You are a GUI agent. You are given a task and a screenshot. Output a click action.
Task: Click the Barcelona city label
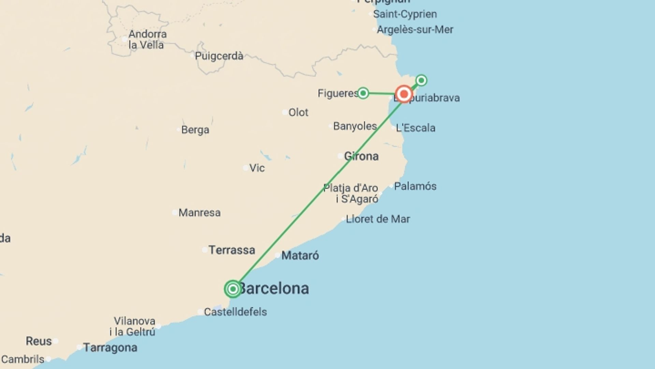274,289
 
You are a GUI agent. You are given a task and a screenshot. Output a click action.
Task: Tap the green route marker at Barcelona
233,289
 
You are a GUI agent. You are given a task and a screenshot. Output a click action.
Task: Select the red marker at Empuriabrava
404,94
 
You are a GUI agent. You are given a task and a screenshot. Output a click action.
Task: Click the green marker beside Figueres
363,93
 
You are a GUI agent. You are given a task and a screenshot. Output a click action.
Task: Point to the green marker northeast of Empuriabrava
421,80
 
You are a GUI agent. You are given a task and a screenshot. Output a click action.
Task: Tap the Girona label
361,156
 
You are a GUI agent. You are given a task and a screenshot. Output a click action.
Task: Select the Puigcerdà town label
219,56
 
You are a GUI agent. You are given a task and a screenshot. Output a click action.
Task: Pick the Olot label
298,112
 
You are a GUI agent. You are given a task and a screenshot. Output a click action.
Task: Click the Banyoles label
355,126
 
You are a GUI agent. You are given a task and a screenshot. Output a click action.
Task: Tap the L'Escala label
415,128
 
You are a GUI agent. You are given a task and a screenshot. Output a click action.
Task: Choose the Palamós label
415,187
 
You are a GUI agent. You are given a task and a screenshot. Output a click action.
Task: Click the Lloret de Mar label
378,219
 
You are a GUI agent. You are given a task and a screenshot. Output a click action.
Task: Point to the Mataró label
300,256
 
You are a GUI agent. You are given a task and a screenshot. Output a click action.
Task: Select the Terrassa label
232,250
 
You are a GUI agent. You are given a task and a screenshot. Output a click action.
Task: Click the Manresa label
199,213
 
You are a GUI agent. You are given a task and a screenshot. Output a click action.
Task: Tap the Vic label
257,168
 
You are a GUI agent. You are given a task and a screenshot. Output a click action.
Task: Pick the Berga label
195,130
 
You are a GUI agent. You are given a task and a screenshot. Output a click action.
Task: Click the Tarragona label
110,348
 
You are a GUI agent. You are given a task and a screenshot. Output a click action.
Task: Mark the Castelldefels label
235,312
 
